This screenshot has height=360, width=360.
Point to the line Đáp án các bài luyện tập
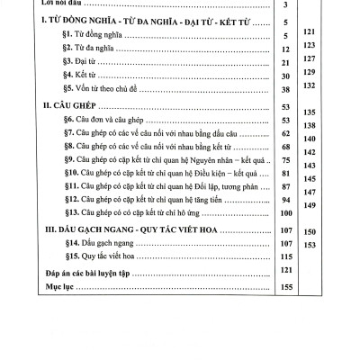[x=72, y=274]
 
